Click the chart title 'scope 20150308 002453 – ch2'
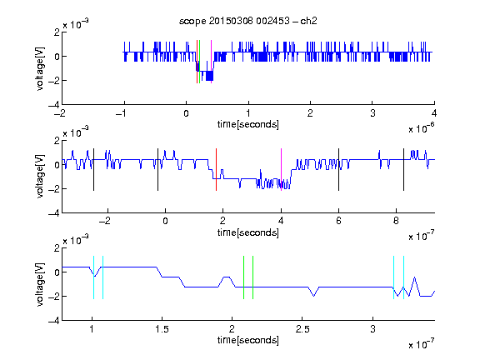[248, 21]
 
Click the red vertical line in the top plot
[197, 62]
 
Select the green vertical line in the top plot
[200, 62]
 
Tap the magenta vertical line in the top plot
[211, 62]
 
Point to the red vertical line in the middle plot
[216, 170]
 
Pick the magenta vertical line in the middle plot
[281, 170]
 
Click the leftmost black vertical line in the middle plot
[93, 170]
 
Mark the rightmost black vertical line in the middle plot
[403, 170]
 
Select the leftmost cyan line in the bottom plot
[93, 277]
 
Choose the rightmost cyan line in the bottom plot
[403, 277]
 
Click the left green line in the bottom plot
[243, 277]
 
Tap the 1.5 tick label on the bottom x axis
[162, 329]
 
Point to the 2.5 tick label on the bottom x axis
[302, 329]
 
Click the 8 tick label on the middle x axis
[396, 221]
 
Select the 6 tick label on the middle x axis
[338, 221]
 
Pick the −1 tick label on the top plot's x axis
[122, 113]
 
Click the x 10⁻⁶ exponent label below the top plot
[422, 128]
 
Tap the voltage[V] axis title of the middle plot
[40, 177]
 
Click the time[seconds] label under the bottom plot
[248, 340]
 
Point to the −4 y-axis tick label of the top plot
[54, 105]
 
